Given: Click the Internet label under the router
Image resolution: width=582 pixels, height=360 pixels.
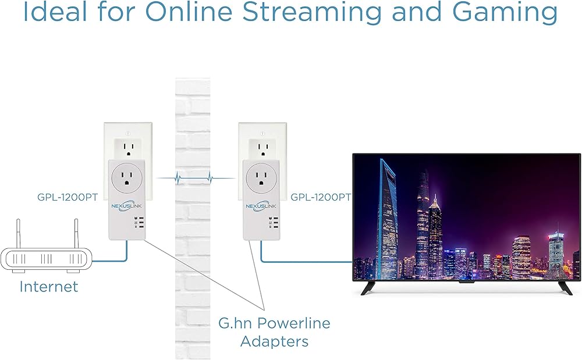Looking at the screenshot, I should tap(49, 286).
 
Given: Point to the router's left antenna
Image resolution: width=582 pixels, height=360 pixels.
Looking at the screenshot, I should tap(17, 233).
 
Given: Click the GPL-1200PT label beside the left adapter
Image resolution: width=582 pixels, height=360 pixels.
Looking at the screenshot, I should tap(67, 197).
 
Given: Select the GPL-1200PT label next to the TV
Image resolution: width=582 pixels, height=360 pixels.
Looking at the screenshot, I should tap(321, 197).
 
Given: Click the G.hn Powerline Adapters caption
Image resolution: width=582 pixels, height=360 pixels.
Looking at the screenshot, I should tap(274, 332).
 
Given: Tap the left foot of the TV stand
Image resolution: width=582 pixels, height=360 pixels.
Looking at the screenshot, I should tap(368, 288).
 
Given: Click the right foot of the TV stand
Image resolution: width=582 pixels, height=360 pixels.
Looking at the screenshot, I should tap(565, 288).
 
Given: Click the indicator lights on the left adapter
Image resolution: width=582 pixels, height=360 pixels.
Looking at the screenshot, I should tap(137, 223).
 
